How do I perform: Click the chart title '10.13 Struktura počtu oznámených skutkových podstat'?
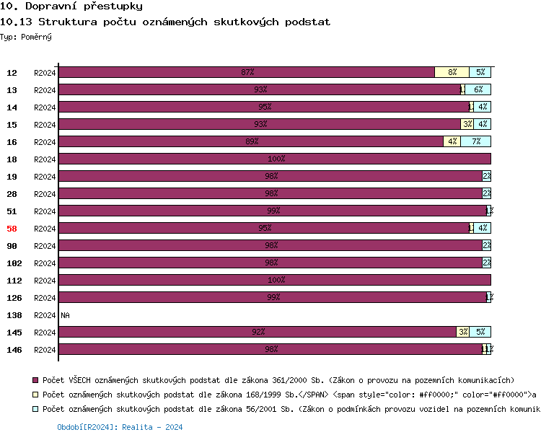pos(165,22)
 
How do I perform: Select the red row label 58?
pos(12,229)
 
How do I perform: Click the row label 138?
pos(14,315)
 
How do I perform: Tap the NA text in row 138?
pos(66,315)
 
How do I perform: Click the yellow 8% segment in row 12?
pos(452,72)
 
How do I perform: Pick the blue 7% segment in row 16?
pos(476,141)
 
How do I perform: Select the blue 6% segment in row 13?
pos(478,89)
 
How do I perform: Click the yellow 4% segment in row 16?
pos(452,141)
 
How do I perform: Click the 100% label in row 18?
pos(276,159)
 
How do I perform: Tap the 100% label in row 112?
pos(276,280)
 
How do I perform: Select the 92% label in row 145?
pos(258,332)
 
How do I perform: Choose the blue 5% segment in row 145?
pos(480,332)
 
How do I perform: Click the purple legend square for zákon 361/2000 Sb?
pos(35,379)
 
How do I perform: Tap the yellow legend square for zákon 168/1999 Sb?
pos(35,395)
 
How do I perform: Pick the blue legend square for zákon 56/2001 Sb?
pos(35,409)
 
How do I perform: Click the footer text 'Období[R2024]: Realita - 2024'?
pos(120,427)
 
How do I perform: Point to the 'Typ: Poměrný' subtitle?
pos(26,36)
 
